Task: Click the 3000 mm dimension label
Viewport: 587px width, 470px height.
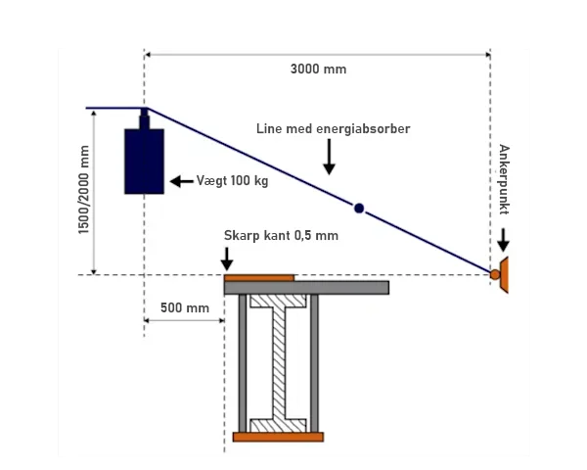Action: point(318,70)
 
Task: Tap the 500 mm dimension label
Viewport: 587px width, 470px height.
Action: point(185,308)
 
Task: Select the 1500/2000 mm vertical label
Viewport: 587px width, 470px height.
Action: point(84,190)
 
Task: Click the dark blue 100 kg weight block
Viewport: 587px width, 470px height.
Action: point(144,162)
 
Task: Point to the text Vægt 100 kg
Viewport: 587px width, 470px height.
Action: point(232,181)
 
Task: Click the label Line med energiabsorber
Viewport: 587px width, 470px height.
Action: point(334,129)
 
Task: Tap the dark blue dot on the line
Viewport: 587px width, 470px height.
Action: point(359,209)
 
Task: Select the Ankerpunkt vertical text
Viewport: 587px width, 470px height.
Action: point(504,179)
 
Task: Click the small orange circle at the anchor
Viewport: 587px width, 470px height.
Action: point(495,275)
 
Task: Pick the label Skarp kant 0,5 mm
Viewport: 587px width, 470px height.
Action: point(281,236)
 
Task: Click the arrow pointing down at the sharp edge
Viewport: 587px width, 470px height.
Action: point(227,258)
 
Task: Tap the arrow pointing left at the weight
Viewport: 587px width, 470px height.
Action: point(182,181)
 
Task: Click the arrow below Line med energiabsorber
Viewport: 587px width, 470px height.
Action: point(329,157)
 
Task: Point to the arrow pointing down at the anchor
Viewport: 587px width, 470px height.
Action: point(503,240)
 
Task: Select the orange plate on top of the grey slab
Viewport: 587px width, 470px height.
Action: point(259,278)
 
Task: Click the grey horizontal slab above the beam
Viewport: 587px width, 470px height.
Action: point(306,288)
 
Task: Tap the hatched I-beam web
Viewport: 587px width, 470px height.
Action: point(279,363)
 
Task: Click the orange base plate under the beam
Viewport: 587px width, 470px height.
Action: point(278,437)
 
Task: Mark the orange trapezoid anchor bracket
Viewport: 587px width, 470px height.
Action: point(504,275)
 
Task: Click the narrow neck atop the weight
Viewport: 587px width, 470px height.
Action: point(144,118)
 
